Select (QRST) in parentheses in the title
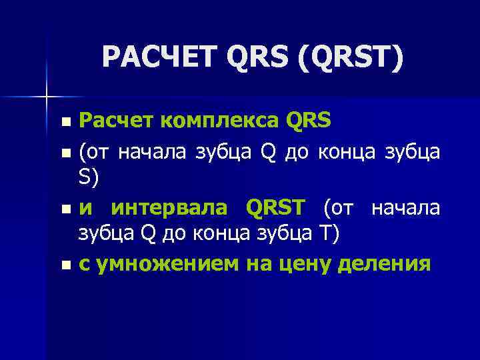[351, 58]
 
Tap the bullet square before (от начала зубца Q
[64, 153]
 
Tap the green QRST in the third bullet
[279, 208]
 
